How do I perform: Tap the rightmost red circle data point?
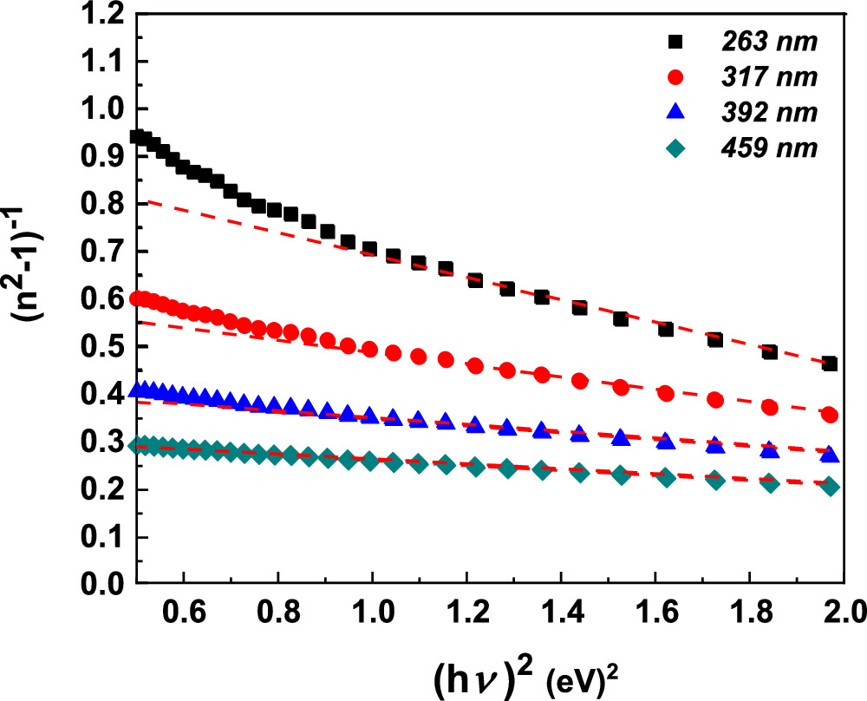pyautogui.click(x=830, y=415)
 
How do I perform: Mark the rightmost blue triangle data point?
pyautogui.click(x=830, y=455)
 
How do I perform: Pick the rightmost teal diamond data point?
pyautogui.click(x=830, y=487)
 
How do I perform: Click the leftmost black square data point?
pyautogui.click(x=136, y=136)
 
